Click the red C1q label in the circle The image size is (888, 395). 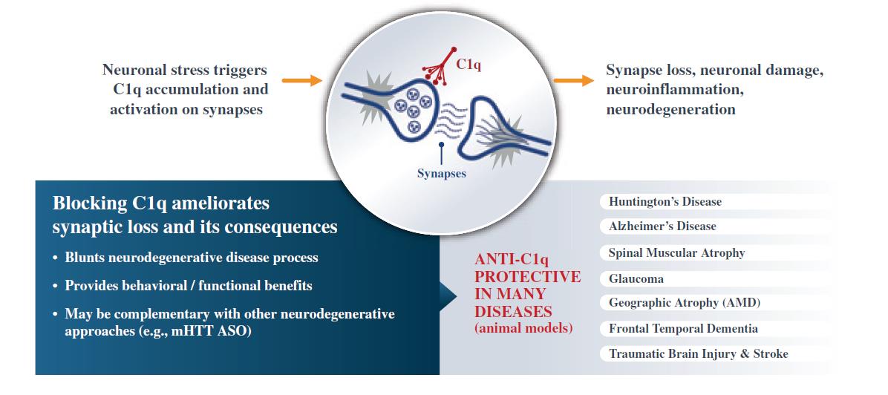pos(469,65)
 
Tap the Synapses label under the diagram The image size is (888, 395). pos(441,174)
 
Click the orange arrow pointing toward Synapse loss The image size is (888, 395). pos(572,80)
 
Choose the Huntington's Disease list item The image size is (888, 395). pos(665,202)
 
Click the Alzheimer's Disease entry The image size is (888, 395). pos(662,226)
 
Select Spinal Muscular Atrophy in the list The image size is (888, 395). pos(676,252)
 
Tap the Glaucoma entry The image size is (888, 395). pos(636,279)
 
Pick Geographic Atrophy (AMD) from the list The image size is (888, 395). pos(684,303)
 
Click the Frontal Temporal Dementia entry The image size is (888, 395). pos(683,328)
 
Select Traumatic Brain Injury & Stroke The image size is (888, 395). pos(698,354)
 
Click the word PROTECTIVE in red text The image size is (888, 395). pos(527,276)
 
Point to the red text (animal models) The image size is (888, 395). pos(523,327)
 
